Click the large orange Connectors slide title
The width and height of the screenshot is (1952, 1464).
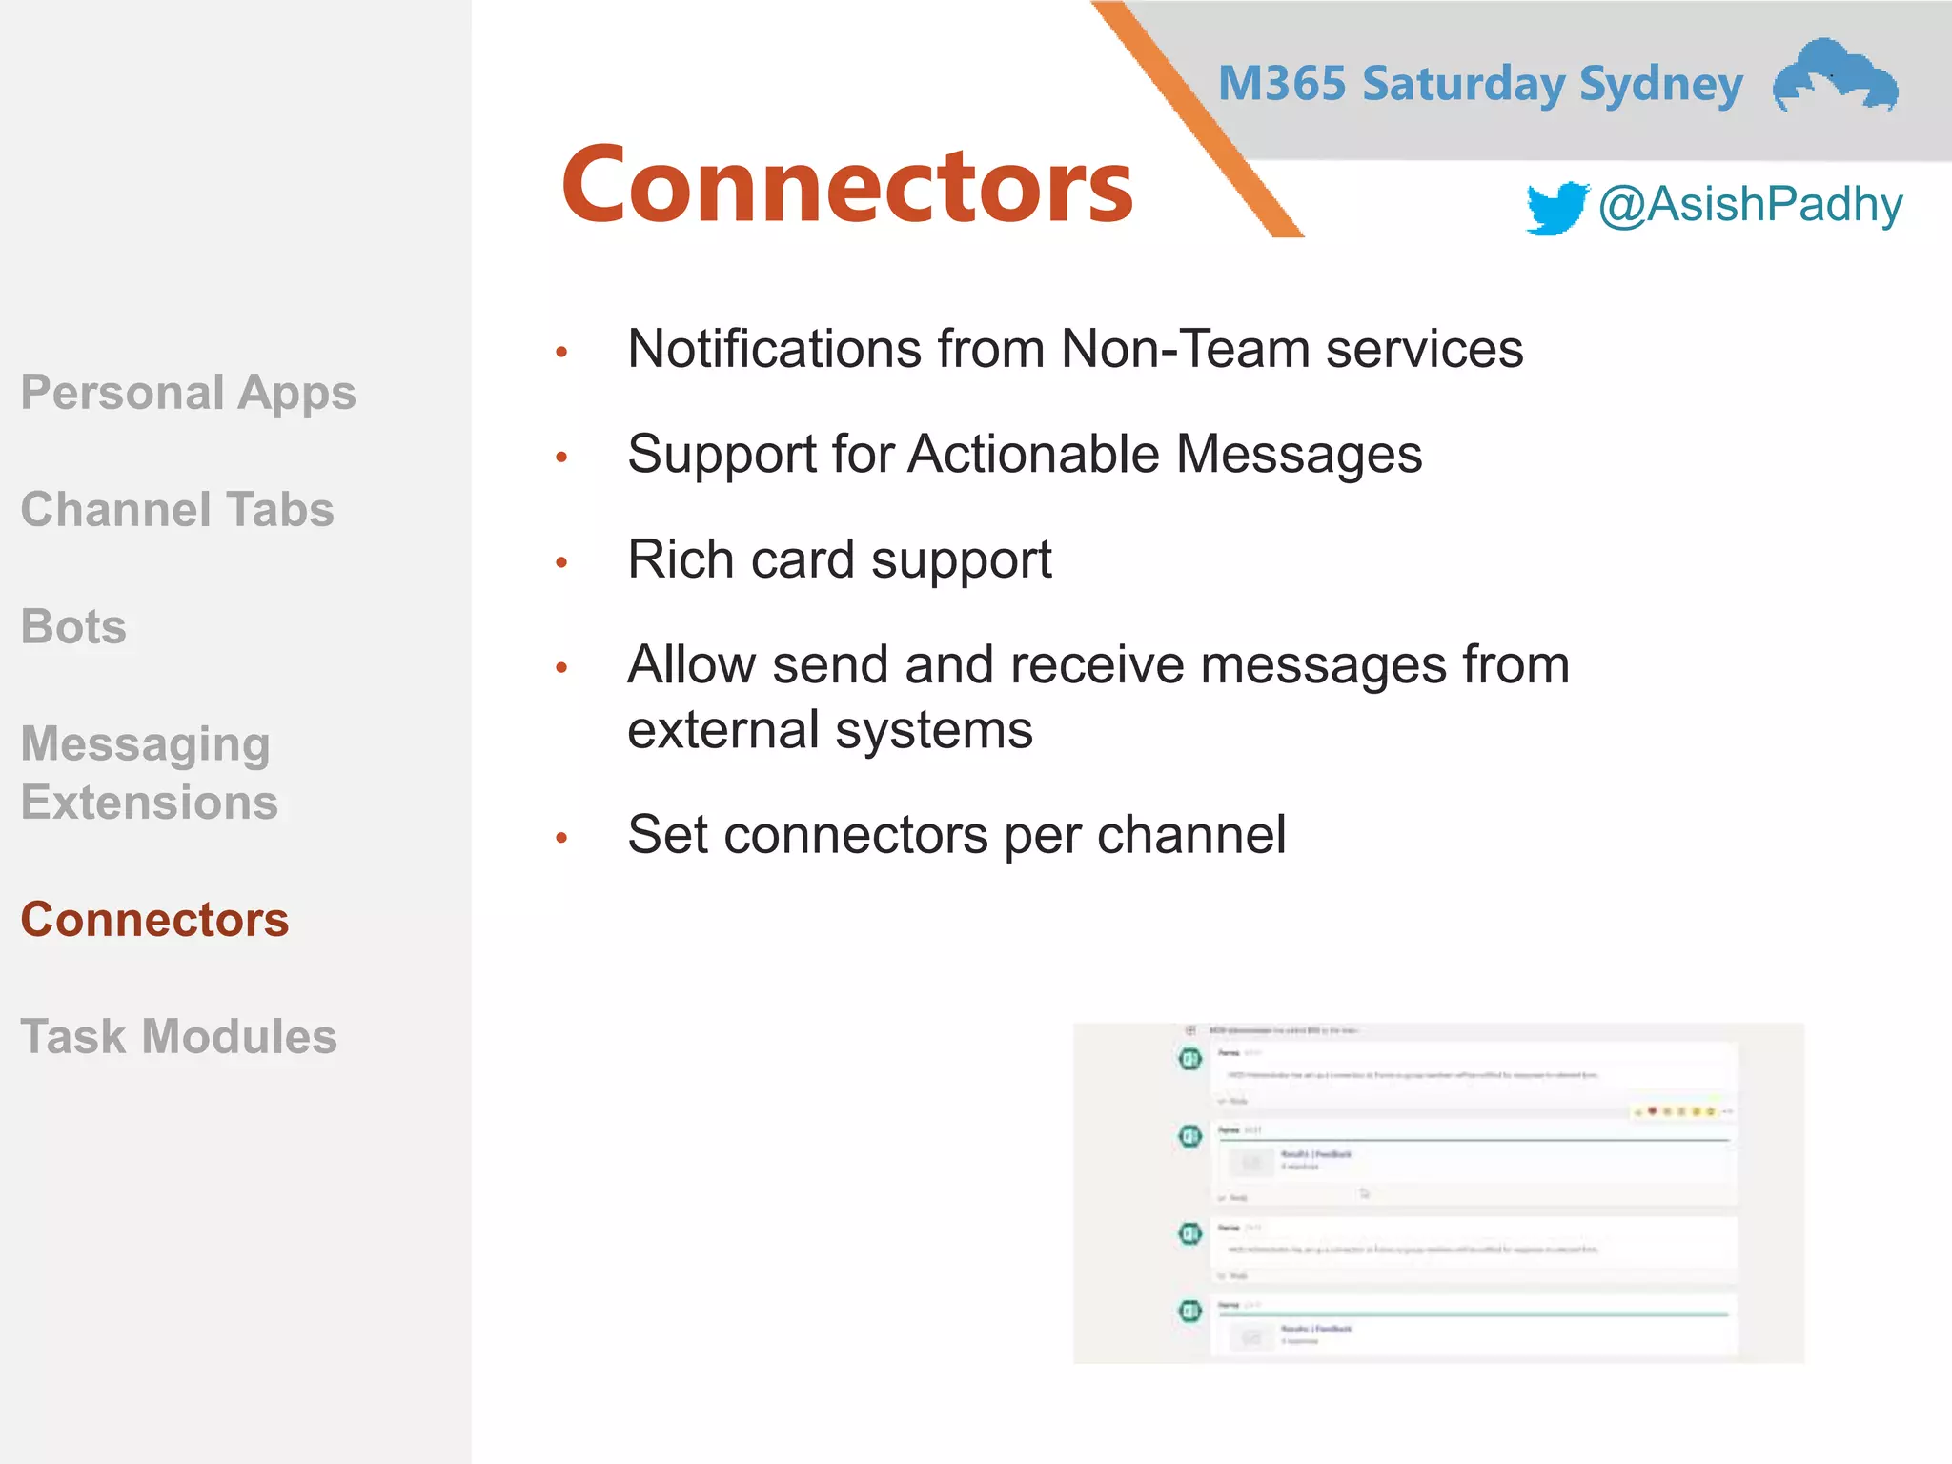846,185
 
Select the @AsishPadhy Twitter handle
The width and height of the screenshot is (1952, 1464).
1750,205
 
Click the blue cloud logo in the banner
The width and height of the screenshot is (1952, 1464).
1835,76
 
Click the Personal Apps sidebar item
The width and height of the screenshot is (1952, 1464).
189,393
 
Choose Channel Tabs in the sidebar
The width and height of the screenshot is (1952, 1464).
177,509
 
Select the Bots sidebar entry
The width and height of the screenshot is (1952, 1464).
73,627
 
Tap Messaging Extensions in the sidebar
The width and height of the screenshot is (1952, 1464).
150,772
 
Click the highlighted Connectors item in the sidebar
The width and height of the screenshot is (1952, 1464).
154,920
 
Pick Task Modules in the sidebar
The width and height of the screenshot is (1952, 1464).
179,1036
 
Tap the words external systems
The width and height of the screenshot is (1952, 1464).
829,730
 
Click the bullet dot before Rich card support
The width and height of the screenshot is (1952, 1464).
561,562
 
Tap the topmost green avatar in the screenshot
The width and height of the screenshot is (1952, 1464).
1189,1058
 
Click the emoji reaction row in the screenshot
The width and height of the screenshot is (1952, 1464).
1681,1111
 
